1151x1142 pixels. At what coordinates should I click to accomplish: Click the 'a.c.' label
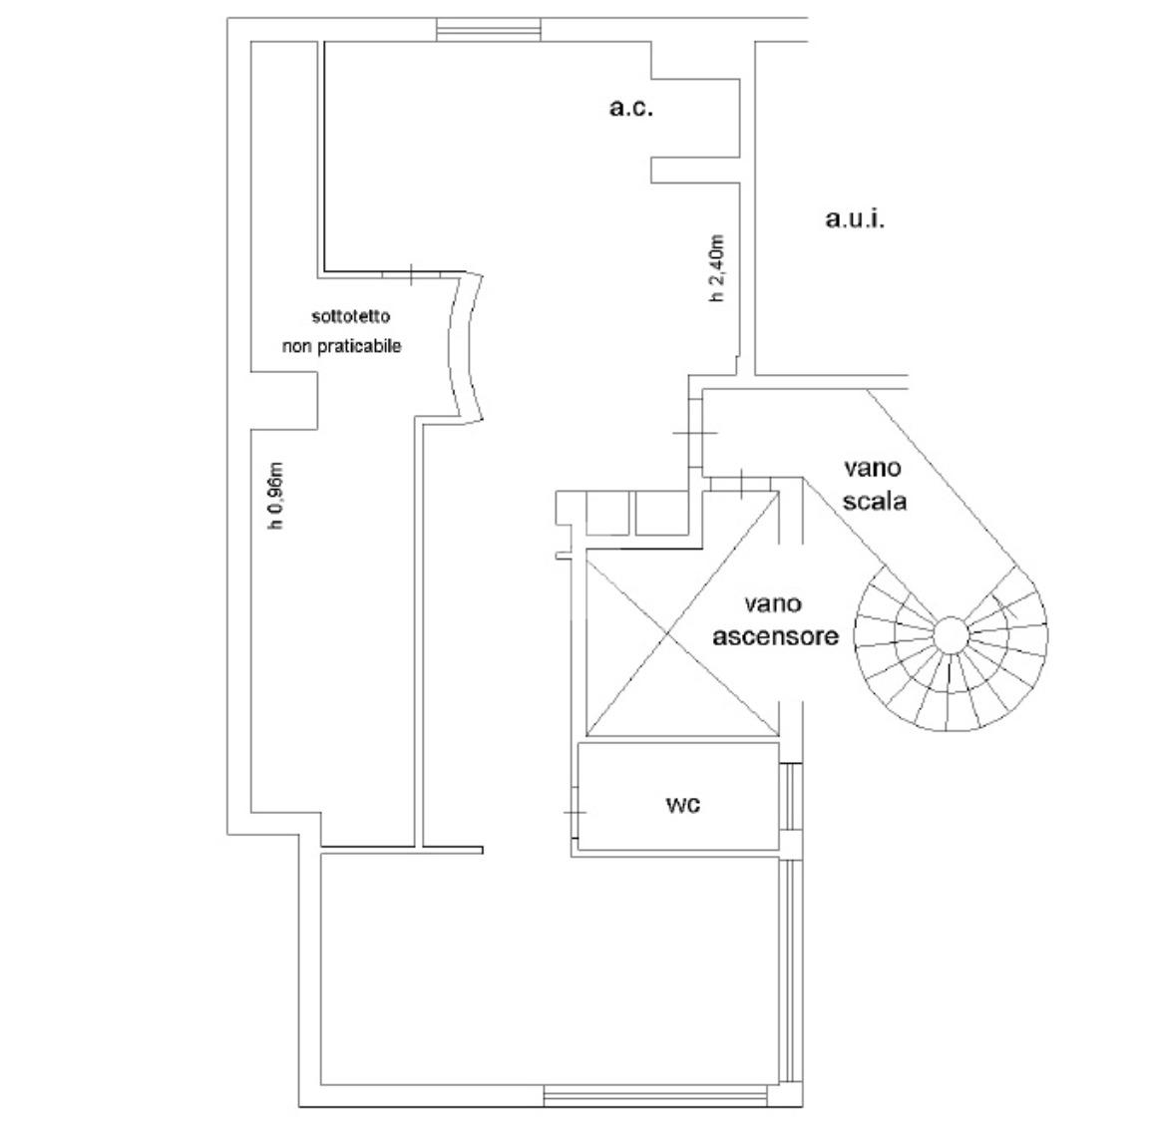631,109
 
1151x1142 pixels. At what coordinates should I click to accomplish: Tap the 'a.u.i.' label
855,218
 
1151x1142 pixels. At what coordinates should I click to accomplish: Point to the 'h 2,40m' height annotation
716,268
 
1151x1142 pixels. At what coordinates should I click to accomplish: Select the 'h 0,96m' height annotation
276,496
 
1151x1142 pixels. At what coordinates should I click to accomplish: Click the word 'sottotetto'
351,317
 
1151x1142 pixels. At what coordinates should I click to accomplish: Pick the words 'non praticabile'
342,346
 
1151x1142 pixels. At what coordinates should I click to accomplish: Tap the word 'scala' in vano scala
875,501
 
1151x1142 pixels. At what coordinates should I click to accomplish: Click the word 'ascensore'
776,635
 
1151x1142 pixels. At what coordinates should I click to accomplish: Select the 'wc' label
682,805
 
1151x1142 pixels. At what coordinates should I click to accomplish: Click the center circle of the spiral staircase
951,635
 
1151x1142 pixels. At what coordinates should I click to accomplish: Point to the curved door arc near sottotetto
466,346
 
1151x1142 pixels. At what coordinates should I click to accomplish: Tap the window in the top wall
489,29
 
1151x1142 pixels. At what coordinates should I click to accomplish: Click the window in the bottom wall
654,1096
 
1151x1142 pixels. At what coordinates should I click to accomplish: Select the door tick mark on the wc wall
575,813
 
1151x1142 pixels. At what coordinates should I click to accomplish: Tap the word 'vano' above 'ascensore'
773,604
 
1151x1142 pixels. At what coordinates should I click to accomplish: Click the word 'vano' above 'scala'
872,468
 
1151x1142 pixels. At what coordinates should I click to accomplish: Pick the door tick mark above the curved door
411,274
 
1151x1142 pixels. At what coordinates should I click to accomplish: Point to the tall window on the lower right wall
791,970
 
